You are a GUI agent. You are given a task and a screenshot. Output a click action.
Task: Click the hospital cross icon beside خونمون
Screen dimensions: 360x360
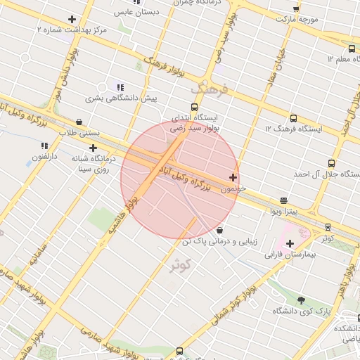[x=233, y=177]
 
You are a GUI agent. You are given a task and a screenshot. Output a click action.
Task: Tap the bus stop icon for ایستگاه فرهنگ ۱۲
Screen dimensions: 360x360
[x=292, y=118]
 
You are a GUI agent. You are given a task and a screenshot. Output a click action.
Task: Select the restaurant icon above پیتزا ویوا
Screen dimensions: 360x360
[x=283, y=200]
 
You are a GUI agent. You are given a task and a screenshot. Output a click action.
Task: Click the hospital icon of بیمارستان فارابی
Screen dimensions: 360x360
[x=289, y=243]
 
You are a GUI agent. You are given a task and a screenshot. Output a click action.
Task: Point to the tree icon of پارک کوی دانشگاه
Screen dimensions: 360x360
[x=302, y=300]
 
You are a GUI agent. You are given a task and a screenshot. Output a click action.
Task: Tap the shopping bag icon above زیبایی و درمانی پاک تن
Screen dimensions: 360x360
[x=220, y=230]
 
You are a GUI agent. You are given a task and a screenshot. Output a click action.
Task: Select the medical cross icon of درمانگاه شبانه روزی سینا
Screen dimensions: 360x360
[x=94, y=148]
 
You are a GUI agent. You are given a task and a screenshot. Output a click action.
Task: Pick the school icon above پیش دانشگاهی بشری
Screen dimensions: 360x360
[x=120, y=87]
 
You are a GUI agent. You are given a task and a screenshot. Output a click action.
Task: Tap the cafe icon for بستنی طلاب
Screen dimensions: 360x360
[x=78, y=120]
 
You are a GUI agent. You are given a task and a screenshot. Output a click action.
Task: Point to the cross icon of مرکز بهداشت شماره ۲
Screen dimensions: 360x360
[x=72, y=19]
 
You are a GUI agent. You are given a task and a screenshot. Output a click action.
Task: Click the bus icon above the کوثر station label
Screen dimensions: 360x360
[x=328, y=226]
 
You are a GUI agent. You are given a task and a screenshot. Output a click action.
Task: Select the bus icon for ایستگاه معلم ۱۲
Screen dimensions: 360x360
[x=351, y=49]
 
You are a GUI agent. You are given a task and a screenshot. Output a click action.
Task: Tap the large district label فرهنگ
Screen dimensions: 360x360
[x=209, y=90]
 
